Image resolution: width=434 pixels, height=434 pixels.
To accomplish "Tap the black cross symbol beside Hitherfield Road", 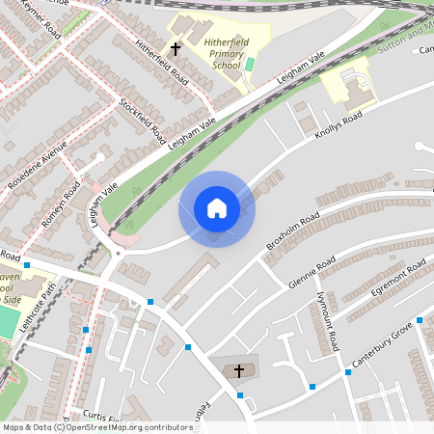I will click(x=176, y=47).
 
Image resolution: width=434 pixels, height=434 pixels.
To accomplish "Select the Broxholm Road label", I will click(x=292, y=231).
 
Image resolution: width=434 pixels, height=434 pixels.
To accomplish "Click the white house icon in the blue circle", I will click(x=217, y=208).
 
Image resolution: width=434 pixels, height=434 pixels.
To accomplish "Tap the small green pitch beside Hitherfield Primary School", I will click(x=250, y=65).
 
